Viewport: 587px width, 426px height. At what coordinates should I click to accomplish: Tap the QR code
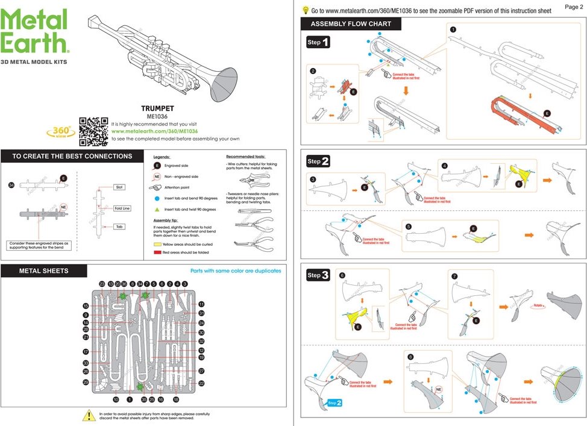(93, 131)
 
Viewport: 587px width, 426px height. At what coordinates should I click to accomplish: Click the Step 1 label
(318, 43)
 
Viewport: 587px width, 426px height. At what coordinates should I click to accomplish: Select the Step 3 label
(318, 275)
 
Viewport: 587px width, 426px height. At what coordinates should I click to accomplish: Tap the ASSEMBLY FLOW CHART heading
(351, 24)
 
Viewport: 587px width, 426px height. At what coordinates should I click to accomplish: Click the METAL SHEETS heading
(44, 271)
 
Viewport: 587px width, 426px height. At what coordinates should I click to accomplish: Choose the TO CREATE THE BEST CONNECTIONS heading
(72, 156)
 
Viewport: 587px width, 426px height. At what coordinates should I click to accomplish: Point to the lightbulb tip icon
(306, 10)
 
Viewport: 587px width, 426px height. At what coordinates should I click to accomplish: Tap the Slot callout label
(119, 187)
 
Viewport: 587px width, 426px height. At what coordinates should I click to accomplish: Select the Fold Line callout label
(122, 208)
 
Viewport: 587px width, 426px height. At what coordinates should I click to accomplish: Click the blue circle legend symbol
(157, 198)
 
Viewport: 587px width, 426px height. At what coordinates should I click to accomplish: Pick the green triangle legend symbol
(157, 209)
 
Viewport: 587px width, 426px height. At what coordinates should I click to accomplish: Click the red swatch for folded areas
(157, 253)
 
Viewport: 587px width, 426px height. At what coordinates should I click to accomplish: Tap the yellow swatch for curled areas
(157, 245)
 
